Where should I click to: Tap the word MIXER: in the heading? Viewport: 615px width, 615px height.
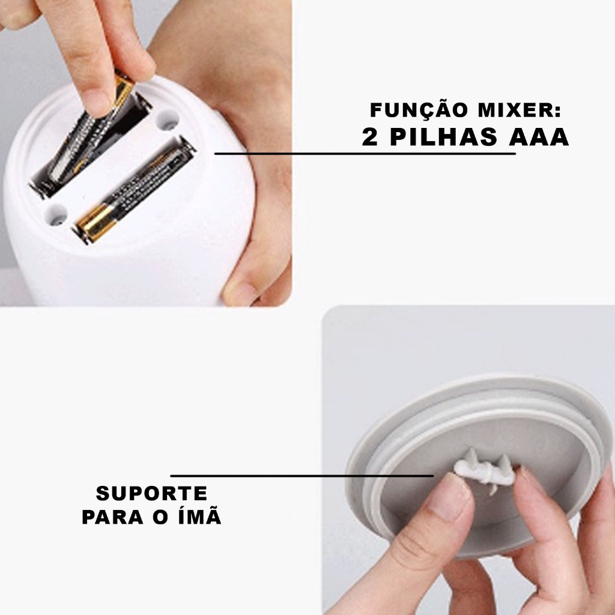click(520, 111)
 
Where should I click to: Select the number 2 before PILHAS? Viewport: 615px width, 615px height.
click(369, 137)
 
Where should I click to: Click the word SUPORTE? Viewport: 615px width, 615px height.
click(152, 494)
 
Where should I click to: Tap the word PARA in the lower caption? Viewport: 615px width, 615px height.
click(112, 517)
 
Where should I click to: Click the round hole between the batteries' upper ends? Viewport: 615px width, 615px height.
click(168, 120)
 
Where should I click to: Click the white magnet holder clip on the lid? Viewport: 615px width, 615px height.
click(485, 468)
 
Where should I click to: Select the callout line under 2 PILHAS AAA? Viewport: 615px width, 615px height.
click(365, 154)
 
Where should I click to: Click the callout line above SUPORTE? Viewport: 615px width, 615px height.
click(302, 476)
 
